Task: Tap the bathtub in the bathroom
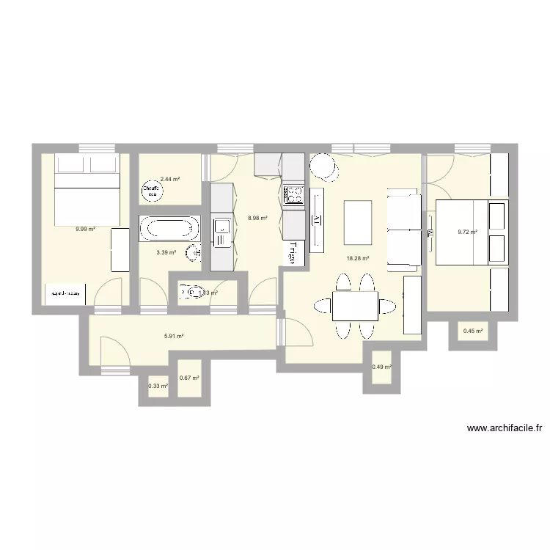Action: [x=169, y=228]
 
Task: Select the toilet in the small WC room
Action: [x=188, y=293]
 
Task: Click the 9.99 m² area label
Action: [x=85, y=229]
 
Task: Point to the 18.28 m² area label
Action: [x=358, y=258]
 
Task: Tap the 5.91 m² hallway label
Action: [x=173, y=336]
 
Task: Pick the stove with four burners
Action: [x=294, y=194]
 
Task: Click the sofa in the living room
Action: [x=404, y=229]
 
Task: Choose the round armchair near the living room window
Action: [x=324, y=169]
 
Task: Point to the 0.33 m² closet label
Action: [x=158, y=386]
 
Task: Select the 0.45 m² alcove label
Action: [x=473, y=331]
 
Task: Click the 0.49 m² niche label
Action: [x=381, y=367]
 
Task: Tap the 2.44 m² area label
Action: [x=170, y=178]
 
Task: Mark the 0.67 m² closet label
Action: [x=189, y=378]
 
